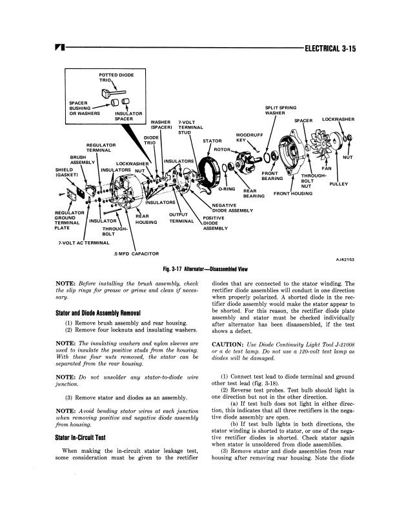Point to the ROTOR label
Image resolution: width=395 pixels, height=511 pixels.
222,150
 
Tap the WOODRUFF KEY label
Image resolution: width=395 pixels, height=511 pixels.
240,137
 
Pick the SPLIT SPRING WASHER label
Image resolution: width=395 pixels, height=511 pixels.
281,110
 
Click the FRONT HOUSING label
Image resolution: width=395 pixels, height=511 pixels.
293,194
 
